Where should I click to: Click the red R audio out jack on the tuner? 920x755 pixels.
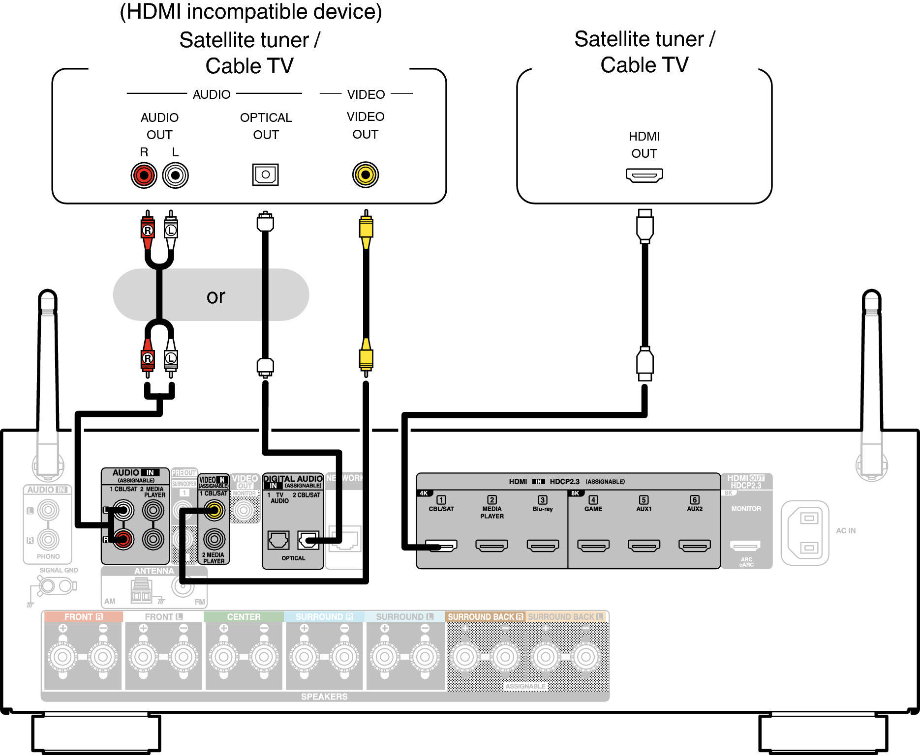144,175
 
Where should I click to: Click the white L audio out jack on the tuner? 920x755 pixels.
175,175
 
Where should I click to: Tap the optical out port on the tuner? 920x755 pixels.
266,174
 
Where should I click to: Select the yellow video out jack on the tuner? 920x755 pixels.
366,174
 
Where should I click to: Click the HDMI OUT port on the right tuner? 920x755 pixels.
644,175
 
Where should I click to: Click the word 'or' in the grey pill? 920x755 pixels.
215,296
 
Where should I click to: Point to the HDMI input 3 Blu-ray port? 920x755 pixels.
543,545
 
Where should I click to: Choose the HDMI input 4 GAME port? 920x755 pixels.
593,545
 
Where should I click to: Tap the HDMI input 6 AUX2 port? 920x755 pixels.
695,545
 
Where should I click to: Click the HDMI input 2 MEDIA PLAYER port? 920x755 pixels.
492,545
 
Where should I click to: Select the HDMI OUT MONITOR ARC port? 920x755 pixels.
746,545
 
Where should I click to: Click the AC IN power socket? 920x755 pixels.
805,533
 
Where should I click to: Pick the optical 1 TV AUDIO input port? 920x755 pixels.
278,540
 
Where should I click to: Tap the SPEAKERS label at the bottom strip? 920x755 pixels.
324,697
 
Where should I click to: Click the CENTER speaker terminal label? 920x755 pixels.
244,617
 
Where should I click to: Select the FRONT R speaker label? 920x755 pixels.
83,617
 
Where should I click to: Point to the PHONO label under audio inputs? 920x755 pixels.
48,556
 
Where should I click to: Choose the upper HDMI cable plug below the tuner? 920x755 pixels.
644,226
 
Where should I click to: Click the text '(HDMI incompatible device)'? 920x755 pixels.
251,12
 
